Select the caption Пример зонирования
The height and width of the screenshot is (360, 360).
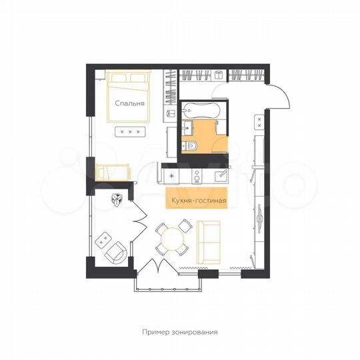(180, 331)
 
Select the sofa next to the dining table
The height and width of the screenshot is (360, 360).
(207, 242)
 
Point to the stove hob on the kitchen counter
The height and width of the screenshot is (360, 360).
(197, 175)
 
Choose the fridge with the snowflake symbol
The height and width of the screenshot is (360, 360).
(172, 175)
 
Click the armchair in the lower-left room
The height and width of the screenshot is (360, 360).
(116, 253)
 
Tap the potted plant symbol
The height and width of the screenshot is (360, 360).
(118, 199)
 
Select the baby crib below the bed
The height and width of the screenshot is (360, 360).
(108, 172)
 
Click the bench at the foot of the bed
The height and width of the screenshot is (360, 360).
(129, 131)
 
